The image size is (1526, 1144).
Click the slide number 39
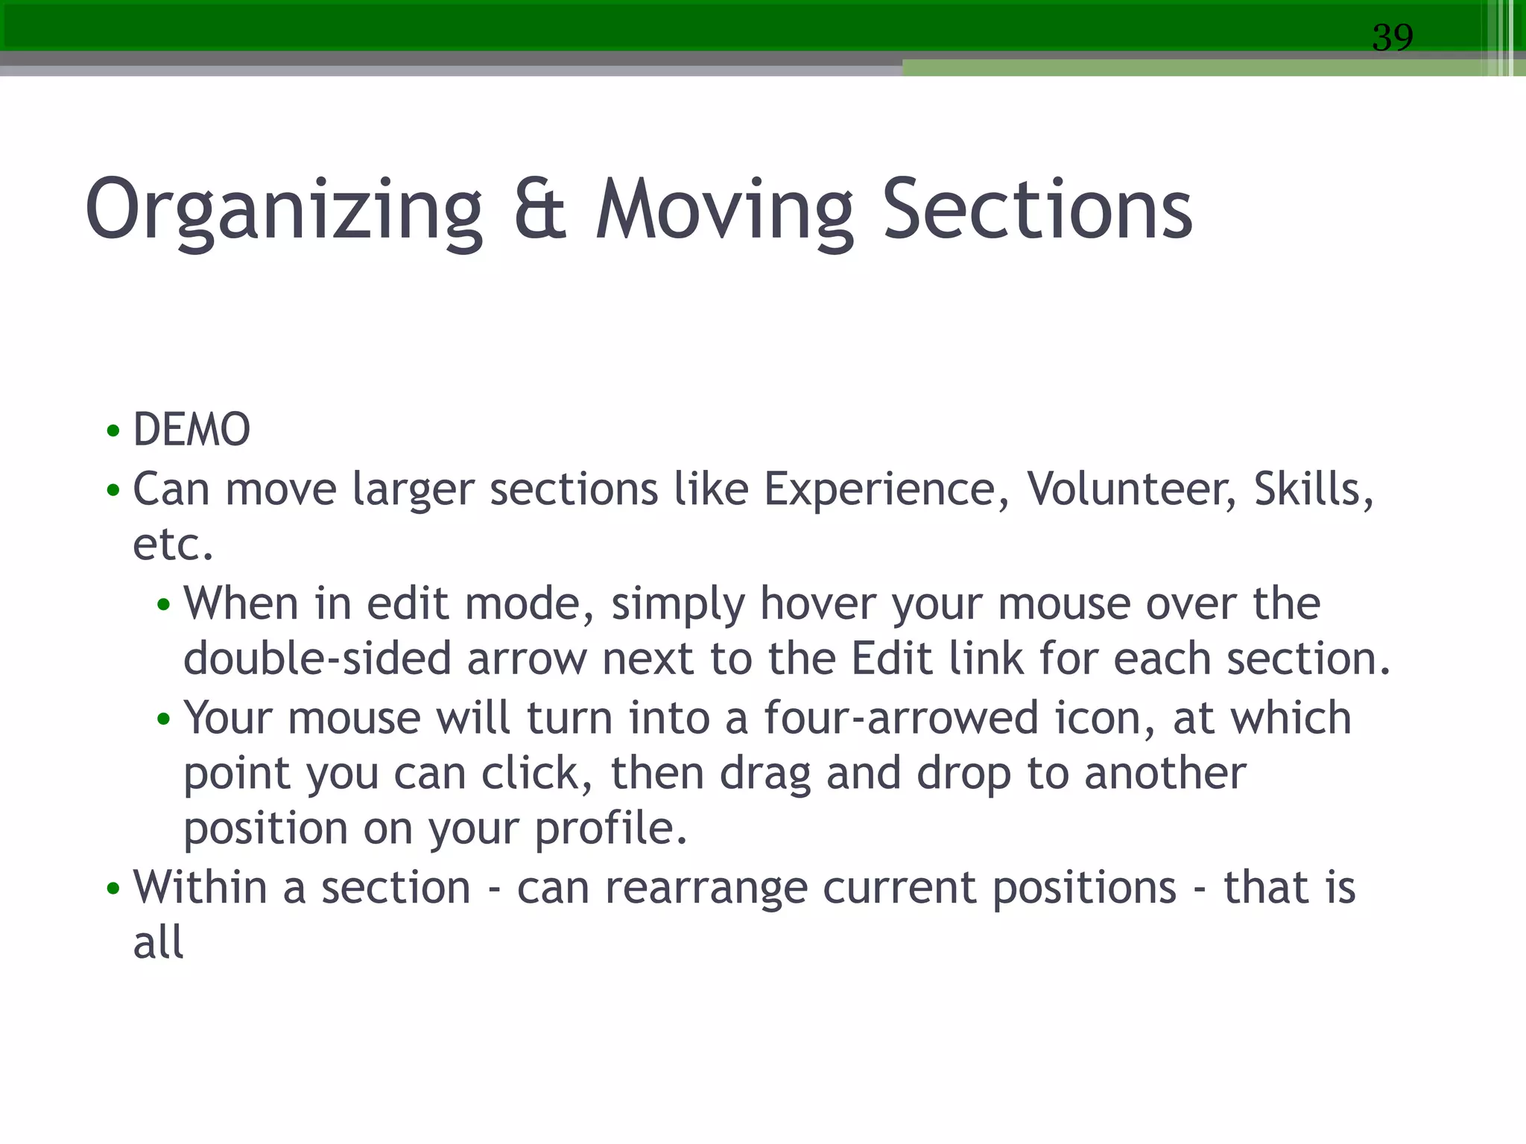tap(1392, 37)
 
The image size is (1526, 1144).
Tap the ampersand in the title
tap(539, 211)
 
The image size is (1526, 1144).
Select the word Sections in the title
tap(1037, 211)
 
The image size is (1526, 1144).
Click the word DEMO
tap(191, 430)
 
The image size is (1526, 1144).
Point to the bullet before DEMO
tap(113, 431)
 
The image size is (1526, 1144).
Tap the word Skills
tap(1312, 490)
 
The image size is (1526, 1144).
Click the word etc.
tap(172, 545)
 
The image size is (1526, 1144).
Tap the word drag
tap(764, 774)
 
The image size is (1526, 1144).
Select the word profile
tap(610, 829)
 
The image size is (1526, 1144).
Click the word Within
tap(200, 888)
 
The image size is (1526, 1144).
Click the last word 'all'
tap(158, 943)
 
